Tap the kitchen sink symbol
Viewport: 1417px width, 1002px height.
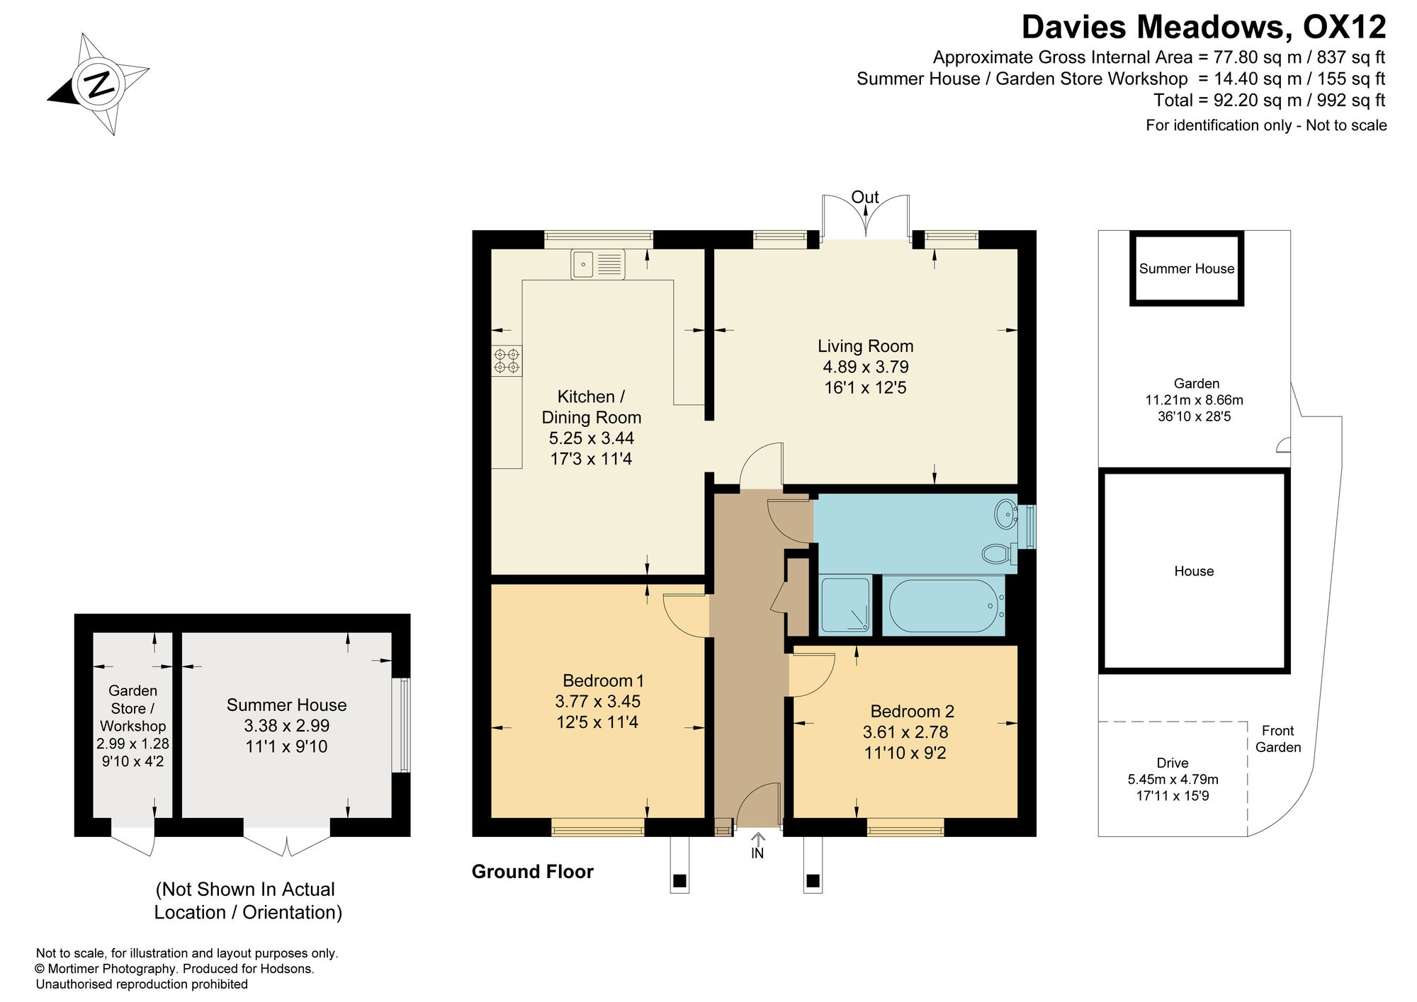(597, 264)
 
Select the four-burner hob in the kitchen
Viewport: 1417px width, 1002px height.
(507, 360)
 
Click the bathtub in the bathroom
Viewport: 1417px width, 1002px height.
(943, 605)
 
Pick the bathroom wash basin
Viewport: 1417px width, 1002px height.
(1006, 514)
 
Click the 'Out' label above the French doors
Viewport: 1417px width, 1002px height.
(865, 197)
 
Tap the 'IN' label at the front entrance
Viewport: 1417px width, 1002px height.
(757, 853)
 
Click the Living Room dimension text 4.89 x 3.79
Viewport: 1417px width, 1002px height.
(866, 367)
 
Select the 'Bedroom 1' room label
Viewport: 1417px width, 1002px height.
(603, 681)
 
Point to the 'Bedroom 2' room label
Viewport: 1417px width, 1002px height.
(913, 711)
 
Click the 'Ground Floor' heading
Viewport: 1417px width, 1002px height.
(533, 872)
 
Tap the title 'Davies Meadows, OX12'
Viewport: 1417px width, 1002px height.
(1204, 27)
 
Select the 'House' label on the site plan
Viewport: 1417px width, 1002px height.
(1194, 571)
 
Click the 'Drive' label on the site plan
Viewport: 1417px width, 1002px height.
(1173, 763)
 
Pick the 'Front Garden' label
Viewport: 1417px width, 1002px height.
(1278, 739)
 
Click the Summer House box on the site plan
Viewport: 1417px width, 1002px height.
(1187, 268)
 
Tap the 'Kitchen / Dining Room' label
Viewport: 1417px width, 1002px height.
(592, 407)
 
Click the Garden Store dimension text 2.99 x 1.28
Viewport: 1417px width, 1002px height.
(133, 744)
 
